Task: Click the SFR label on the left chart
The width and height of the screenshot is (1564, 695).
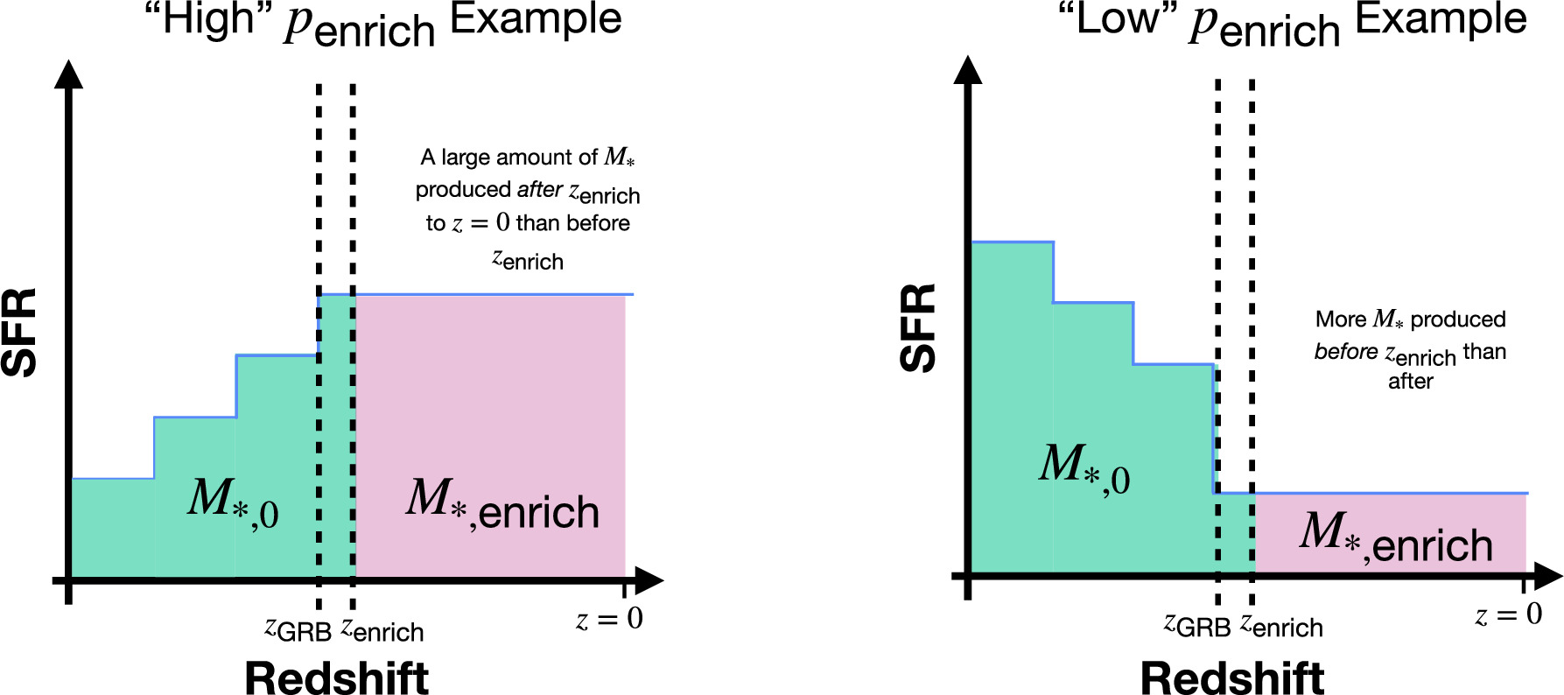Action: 19,333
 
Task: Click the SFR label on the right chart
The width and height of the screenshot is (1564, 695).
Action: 919,328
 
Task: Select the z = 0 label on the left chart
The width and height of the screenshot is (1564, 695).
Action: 609,619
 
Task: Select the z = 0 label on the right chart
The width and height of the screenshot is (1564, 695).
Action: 1508,614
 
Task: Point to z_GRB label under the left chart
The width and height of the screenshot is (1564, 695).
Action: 298,629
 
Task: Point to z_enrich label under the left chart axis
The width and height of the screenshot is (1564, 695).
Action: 382,629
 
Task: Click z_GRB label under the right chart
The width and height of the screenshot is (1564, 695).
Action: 1196,625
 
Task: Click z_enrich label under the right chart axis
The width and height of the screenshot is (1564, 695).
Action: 1281,625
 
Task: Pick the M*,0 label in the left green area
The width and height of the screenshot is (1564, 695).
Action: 233,503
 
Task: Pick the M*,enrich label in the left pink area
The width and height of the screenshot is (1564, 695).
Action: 502,505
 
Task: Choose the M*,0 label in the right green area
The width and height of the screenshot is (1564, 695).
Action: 1084,469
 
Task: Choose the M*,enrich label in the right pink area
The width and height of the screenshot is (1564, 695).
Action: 1396,537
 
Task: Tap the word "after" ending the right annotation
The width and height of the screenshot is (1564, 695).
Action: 1410,382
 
